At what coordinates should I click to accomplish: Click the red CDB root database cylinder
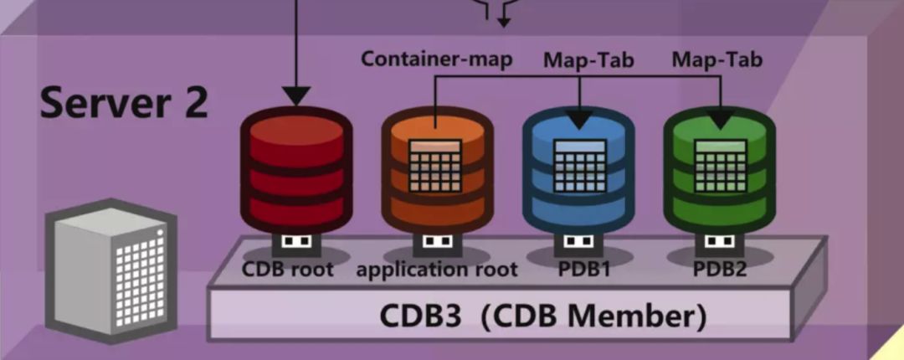pyautogui.click(x=295, y=172)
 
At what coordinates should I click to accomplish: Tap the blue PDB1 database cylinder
pyautogui.click(x=578, y=172)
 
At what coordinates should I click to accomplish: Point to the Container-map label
pyautogui.click(x=436, y=59)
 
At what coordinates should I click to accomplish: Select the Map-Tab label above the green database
pyautogui.click(x=717, y=59)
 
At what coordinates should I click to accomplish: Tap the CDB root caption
pyautogui.click(x=287, y=270)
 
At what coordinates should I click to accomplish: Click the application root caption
pyautogui.click(x=436, y=270)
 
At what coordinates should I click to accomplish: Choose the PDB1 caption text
pyautogui.click(x=578, y=270)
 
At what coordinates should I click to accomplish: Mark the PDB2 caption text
pyautogui.click(x=720, y=270)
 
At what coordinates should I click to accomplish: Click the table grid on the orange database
pyautogui.click(x=435, y=164)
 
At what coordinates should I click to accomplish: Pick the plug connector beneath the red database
pyautogui.click(x=295, y=242)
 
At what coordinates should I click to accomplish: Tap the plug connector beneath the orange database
pyautogui.click(x=436, y=242)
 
